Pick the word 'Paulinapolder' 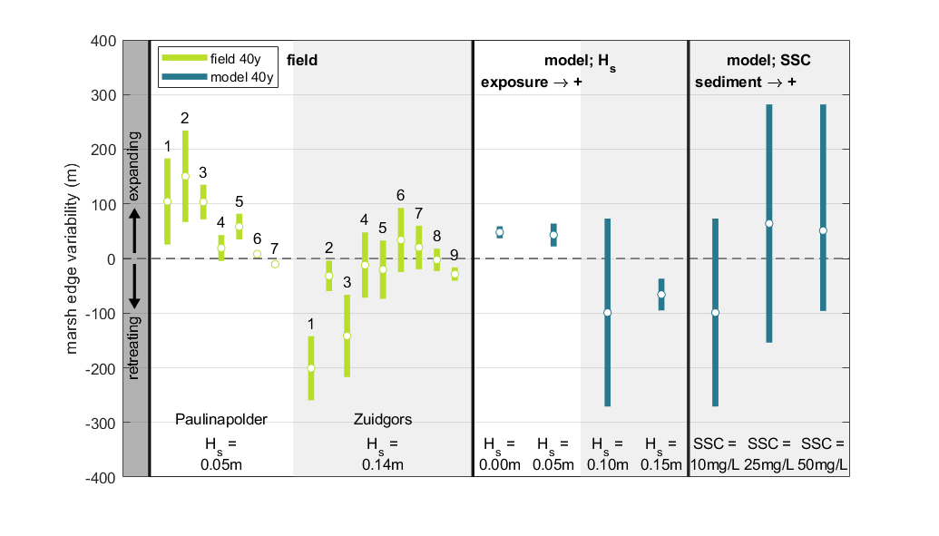coord(220,419)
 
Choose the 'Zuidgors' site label coord(382,419)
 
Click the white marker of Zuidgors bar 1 coord(310,368)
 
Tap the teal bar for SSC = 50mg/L coord(823,181)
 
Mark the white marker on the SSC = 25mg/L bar coord(769,223)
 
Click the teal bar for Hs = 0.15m coord(661,295)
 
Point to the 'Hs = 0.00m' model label coord(499,454)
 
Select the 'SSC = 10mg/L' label coord(716,454)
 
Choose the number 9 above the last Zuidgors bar coord(455,255)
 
